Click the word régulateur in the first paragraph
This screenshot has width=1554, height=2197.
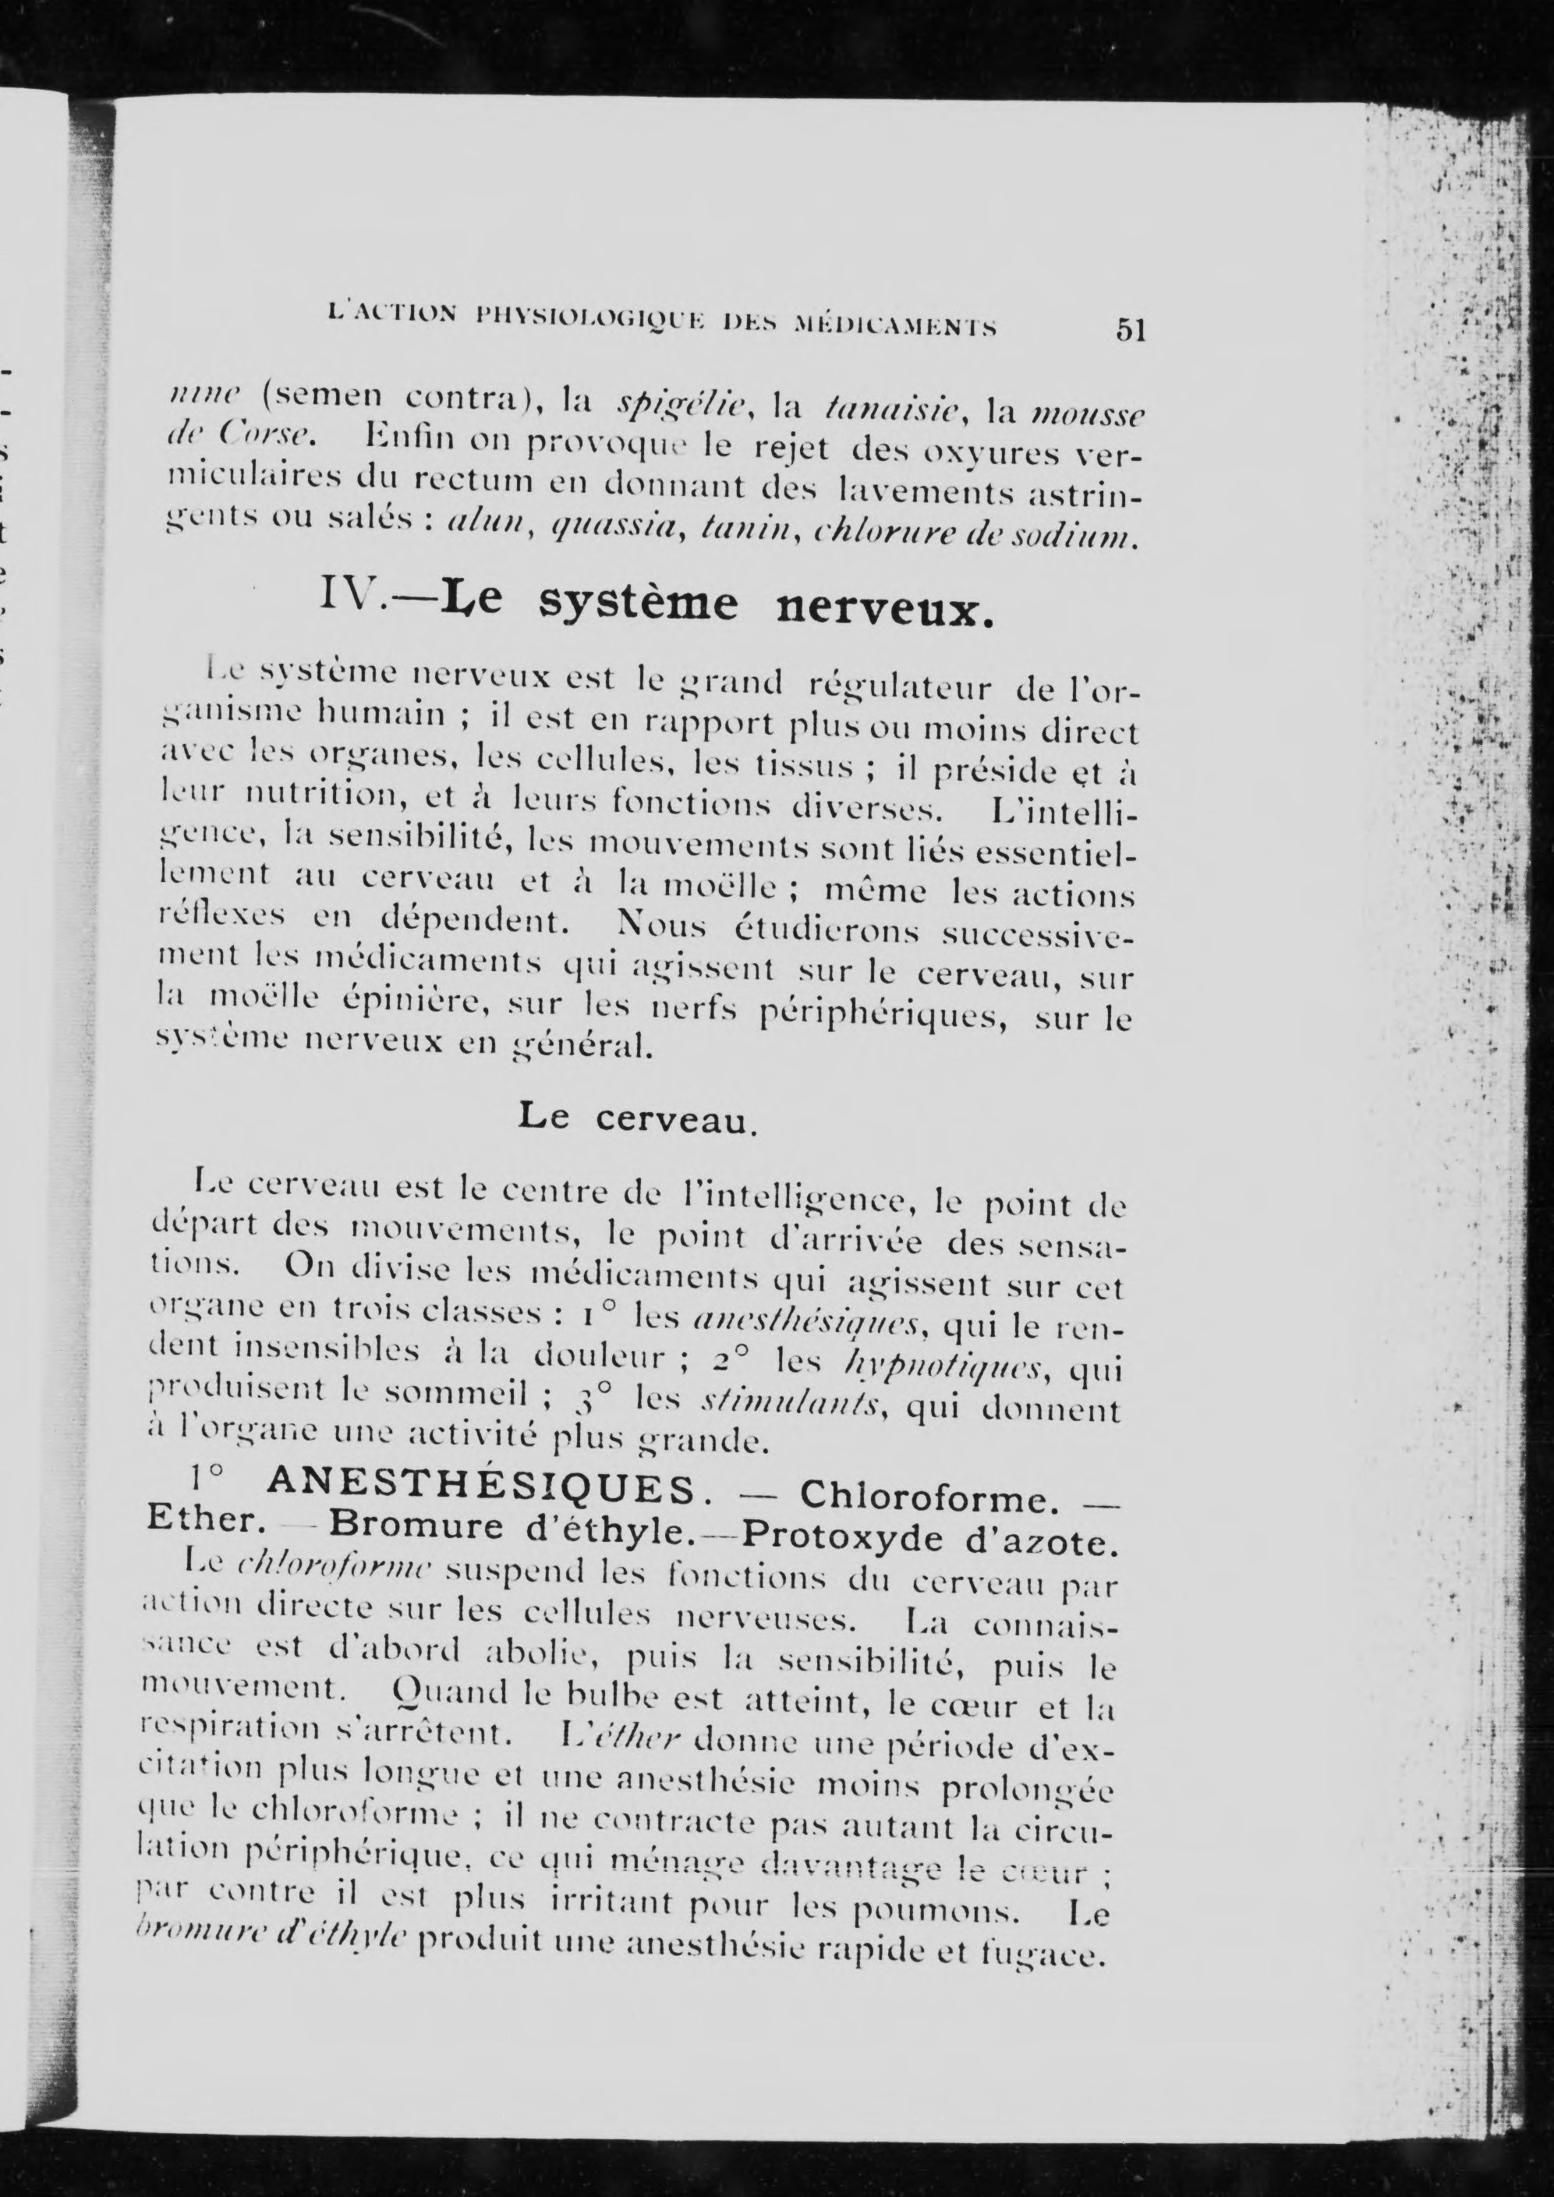[897, 687]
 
